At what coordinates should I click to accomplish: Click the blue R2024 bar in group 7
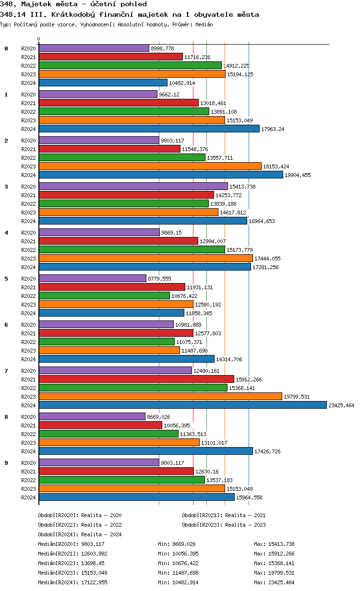click(182, 405)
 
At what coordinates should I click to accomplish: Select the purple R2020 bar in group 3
click(133, 186)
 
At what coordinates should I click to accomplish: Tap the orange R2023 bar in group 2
click(150, 166)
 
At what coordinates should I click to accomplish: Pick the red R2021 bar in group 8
click(100, 426)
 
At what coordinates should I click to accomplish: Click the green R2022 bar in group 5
click(104, 296)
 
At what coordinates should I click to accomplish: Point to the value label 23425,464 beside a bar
click(341, 405)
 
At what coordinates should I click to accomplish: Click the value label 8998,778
click(162, 48)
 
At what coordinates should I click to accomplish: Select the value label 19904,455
click(298, 175)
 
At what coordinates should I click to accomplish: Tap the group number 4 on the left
click(6, 233)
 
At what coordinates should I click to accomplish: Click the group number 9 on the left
click(6, 463)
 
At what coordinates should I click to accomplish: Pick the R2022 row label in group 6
click(28, 342)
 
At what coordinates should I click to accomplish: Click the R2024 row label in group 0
click(28, 83)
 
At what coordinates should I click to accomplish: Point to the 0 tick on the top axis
click(39, 39)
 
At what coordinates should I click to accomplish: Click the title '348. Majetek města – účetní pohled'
click(74, 4)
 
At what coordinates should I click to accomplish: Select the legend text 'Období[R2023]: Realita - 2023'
click(224, 525)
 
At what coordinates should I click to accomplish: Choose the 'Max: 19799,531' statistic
click(274, 573)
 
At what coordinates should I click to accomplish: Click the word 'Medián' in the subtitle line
click(204, 24)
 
